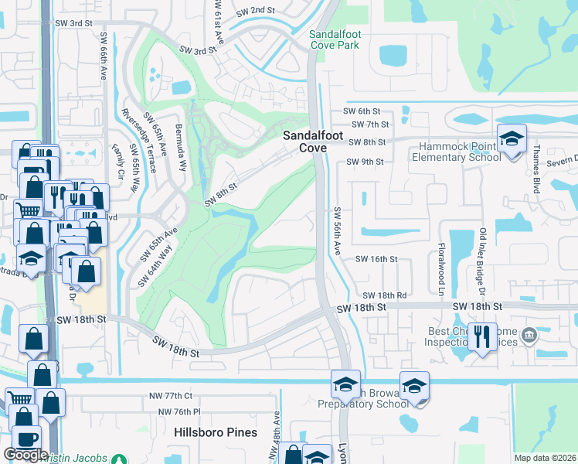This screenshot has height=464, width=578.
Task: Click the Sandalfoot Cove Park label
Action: tap(335, 39)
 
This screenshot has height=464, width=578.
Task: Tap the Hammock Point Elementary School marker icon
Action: tap(511, 139)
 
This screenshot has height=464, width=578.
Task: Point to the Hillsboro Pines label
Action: tap(216, 432)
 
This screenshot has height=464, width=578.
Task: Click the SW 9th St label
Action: tap(365, 162)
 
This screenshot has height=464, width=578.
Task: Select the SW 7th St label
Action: tap(369, 125)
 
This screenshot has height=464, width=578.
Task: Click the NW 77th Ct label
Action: tap(171, 396)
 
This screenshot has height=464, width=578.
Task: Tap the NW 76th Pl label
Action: tap(179, 411)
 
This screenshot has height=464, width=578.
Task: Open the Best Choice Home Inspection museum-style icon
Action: tap(529, 335)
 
